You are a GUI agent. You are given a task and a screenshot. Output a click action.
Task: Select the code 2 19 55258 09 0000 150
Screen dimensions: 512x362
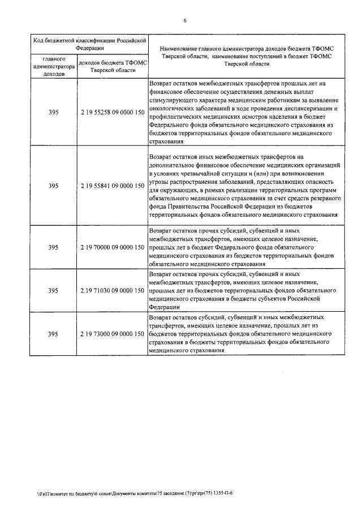[x=112, y=113]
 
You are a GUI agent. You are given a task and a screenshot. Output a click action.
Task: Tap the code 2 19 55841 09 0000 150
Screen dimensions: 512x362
[x=112, y=186]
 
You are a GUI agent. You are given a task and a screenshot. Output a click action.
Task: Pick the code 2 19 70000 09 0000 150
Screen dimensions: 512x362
[x=112, y=247]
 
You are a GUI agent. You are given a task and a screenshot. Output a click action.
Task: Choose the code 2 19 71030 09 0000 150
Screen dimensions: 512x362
[x=112, y=290]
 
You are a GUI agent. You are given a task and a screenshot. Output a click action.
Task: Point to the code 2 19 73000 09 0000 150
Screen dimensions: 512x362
[x=112, y=334]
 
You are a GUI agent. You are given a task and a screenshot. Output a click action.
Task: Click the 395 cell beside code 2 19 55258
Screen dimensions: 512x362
[x=54, y=113]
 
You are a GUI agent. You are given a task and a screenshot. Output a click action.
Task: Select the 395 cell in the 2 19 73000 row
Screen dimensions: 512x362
[x=54, y=334]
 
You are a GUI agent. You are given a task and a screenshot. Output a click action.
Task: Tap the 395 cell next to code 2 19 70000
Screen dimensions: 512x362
[x=54, y=247]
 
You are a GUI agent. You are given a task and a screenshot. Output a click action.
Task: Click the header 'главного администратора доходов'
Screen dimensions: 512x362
[x=54, y=66]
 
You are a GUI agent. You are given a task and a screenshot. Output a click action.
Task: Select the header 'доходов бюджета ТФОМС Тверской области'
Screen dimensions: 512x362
[x=112, y=66]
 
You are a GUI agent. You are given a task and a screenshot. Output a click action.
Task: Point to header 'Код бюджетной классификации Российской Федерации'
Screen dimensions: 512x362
[x=89, y=44]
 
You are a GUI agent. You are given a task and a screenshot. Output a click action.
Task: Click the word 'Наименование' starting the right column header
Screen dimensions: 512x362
[x=180, y=49]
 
